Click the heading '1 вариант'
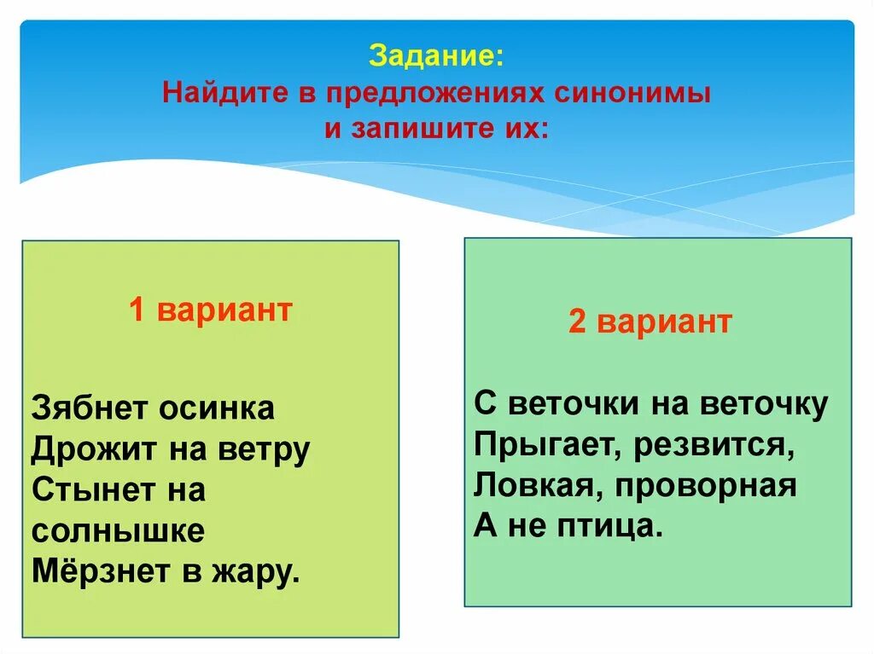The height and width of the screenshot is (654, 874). (x=210, y=310)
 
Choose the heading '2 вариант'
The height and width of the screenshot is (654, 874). (x=650, y=322)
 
